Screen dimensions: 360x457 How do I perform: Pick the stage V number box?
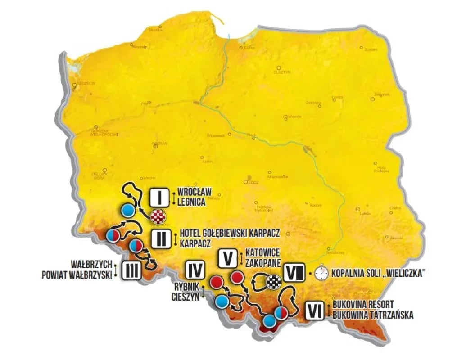[x=228, y=257]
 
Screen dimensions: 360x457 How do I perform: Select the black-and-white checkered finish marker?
[x=273, y=282]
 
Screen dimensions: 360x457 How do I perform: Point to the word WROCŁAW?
[x=195, y=192]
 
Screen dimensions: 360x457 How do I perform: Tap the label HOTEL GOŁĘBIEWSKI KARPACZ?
[x=230, y=233]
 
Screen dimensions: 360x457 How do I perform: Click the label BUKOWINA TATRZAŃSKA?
[x=373, y=315]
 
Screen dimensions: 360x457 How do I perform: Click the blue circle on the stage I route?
[x=127, y=210]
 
